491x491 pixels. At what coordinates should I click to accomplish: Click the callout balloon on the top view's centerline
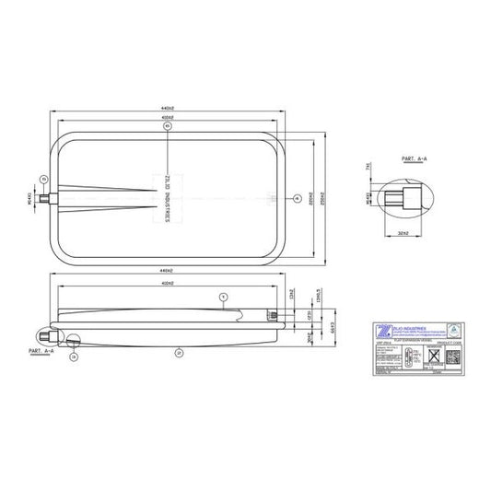click(296, 198)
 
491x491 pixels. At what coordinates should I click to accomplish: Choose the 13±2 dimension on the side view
click(292, 295)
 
